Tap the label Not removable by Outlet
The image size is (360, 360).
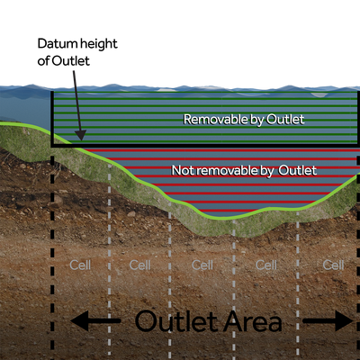pyautogui.click(x=243, y=169)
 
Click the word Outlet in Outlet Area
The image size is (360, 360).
pyautogui.click(x=181, y=320)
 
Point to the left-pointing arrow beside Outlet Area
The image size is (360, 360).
pyautogui.click(x=95, y=320)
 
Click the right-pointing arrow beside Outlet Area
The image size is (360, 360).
pyautogui.click(x=328, y=320)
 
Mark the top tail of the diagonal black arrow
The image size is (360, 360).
pyautogui.click(x=71, y=73)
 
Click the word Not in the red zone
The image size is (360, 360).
pyautogui.click(x=180, y=169)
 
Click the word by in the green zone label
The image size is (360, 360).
pyautogui.click(x=248, y=118)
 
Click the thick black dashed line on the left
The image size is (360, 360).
pyautogui.click(x=55, y=243)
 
